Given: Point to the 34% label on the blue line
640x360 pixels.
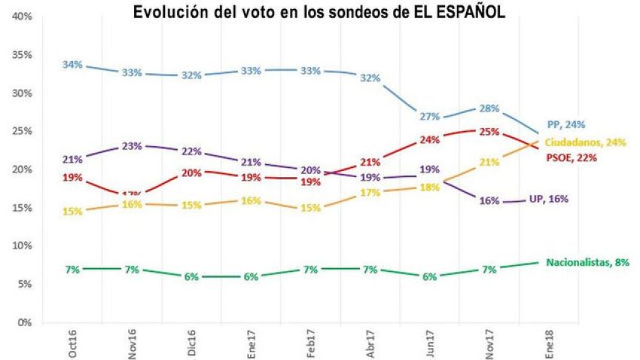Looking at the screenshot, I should [x=73, y=65].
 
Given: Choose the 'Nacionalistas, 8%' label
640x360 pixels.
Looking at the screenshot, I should [x=587, y=262].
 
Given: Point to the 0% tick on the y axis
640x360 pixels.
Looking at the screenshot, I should [x=23, y=322].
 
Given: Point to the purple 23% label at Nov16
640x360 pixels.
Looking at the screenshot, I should [x=133, y=146].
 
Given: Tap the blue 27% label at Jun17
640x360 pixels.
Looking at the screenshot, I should [x=429, y=116].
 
